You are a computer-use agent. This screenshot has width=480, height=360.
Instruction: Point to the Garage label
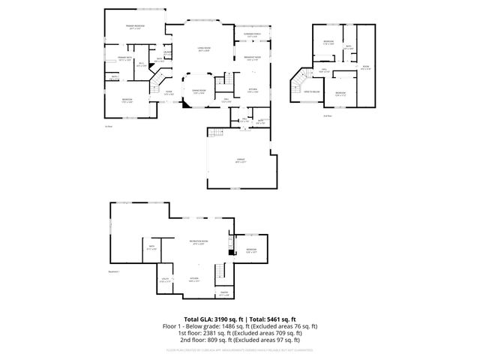241,160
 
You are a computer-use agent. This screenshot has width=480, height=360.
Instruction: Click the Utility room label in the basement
165,281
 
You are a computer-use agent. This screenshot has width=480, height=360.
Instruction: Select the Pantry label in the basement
223,294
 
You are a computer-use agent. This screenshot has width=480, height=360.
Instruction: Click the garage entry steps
216,133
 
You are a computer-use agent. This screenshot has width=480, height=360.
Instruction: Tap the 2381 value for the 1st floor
205,334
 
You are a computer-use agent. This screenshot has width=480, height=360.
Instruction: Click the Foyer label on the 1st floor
169,93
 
